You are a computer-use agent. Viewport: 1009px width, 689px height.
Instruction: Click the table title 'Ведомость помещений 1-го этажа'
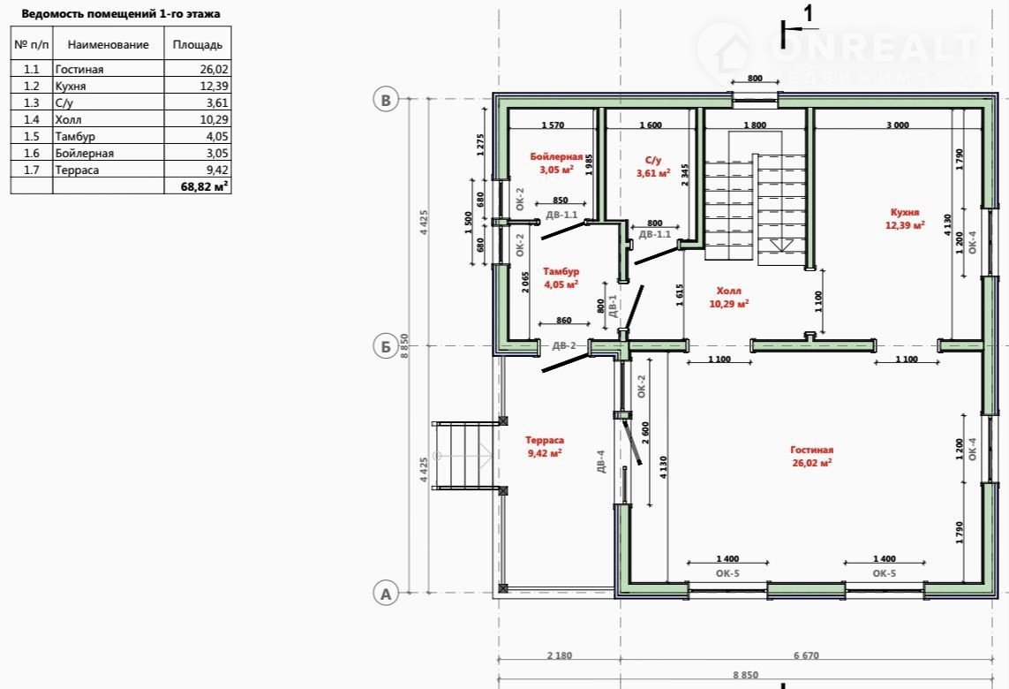(121, 13)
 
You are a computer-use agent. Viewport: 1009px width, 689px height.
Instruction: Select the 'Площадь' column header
(198, 44)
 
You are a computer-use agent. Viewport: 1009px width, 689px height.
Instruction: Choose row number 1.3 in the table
(32, 102)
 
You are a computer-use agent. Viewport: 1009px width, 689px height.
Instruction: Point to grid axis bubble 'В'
(386, 100)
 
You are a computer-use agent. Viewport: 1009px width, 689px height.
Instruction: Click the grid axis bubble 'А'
(386, 593)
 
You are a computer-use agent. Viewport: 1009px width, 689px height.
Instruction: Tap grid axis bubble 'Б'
(386, 346)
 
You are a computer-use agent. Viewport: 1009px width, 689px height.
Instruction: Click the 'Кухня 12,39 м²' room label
(905, 218)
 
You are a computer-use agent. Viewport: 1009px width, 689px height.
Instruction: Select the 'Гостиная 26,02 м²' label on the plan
(811, 456)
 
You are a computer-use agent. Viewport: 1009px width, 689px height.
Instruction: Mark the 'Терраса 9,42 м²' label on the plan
(545, 446)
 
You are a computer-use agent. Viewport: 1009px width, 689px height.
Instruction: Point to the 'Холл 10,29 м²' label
(728, 297)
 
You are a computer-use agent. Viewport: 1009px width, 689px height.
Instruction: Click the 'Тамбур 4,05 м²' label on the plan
(561, 277)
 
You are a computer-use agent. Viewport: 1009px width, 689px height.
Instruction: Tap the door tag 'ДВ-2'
(564, 345)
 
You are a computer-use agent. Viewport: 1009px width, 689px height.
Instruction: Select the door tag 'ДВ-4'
(600, 462)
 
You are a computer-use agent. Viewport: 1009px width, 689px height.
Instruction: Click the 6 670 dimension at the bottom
(806, 655)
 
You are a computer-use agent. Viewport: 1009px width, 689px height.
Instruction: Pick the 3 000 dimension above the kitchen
(898, 125)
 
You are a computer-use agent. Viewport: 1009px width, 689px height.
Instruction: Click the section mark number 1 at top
(809, 13)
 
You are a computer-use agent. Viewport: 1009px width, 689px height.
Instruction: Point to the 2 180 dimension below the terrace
(559, 655)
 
